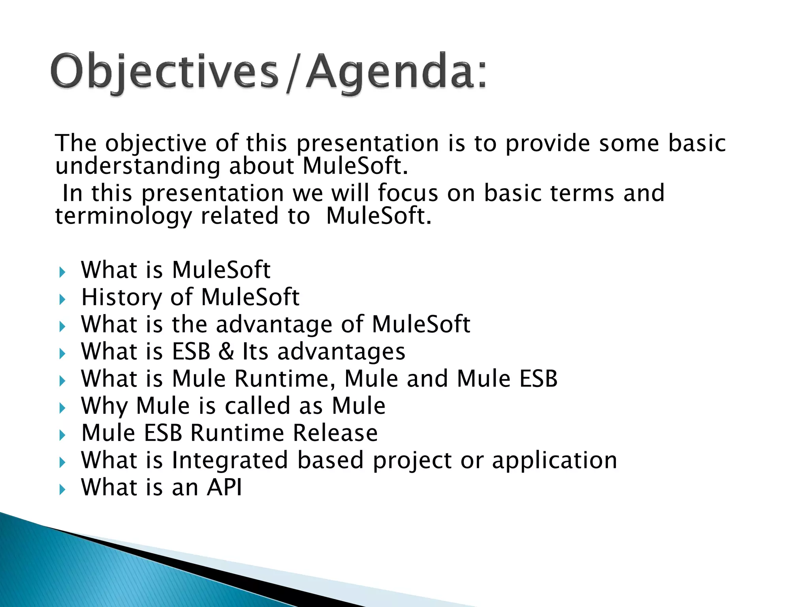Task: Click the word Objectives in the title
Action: point(164,72)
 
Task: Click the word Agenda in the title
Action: point(389,72)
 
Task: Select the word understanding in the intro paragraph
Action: point(137,166)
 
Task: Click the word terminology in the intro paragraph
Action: point(123,217)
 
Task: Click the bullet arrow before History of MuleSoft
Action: point(62,300)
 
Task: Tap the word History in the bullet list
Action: point(121,298)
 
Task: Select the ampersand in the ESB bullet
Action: point(226,351)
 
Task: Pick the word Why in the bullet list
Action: point(104,406)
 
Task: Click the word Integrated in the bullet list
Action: point(230,460)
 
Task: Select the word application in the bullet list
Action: point(554,461)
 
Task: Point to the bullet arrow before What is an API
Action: point(62,490)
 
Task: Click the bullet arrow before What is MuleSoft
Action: point(62,272)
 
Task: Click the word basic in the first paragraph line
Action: point(697,143)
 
